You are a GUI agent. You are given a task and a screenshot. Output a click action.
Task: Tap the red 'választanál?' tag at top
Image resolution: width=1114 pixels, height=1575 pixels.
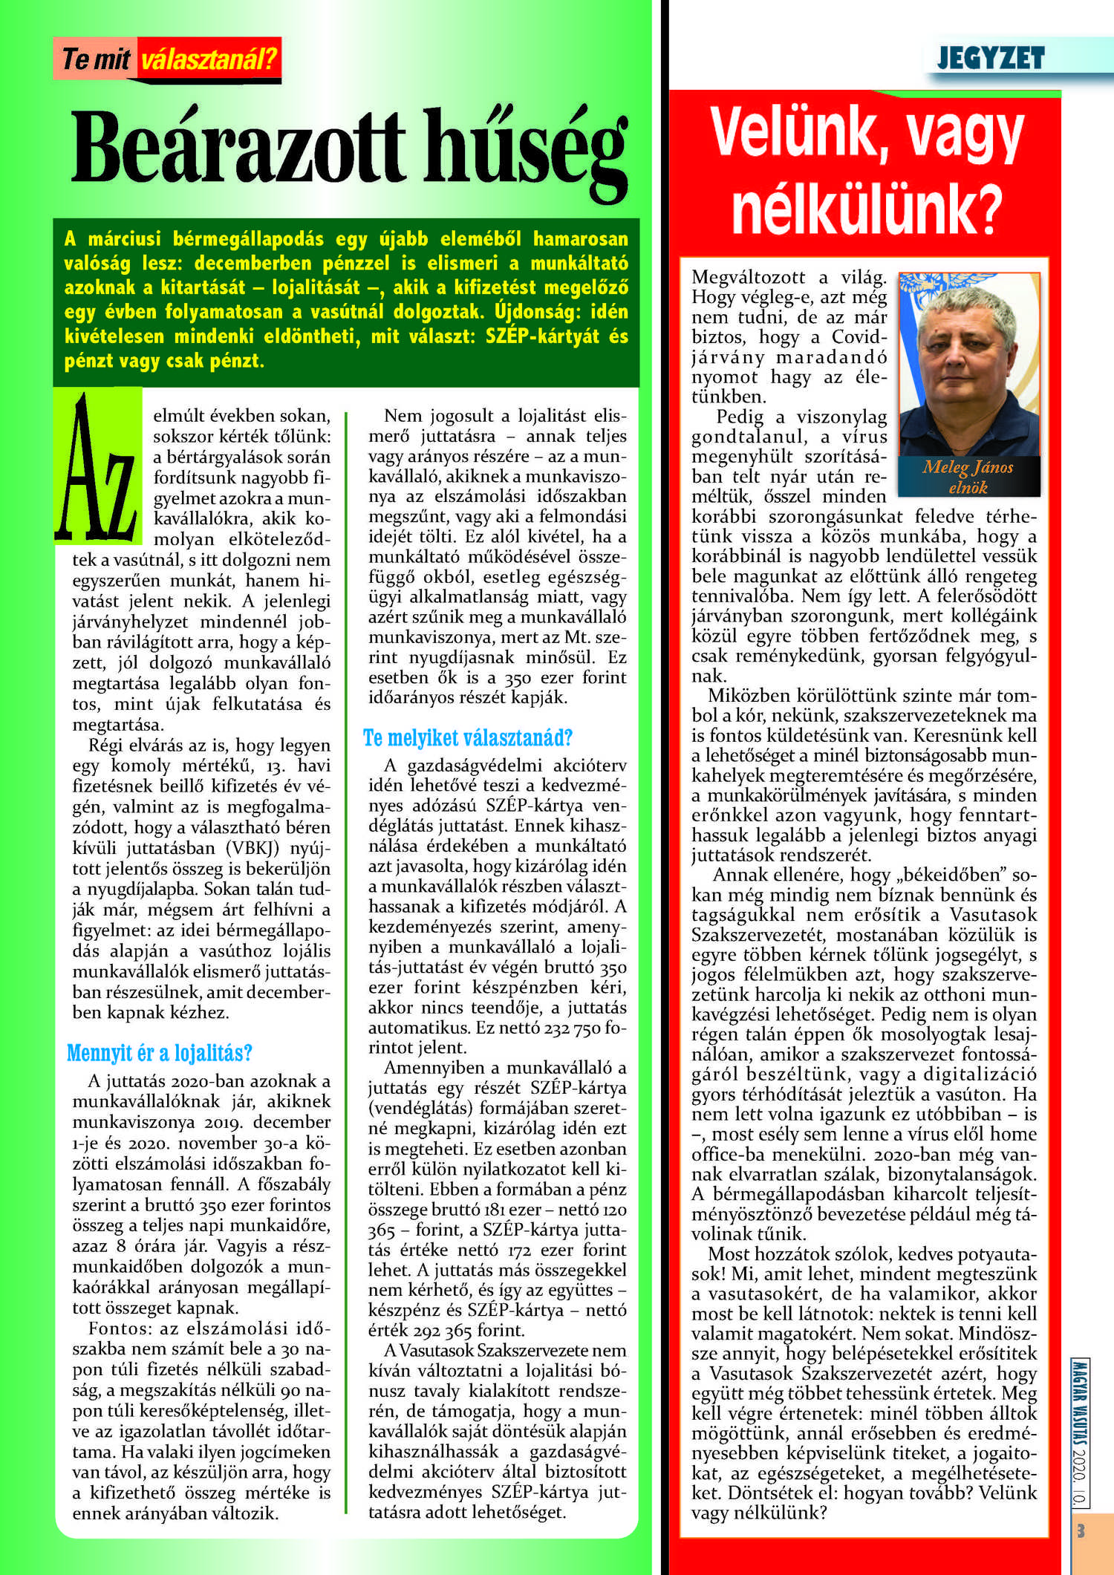point(209,59)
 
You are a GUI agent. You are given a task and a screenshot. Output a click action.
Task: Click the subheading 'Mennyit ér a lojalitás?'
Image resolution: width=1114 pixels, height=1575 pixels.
point(160,1053)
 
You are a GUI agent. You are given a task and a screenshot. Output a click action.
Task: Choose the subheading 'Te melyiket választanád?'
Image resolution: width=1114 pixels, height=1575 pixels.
point(468,738)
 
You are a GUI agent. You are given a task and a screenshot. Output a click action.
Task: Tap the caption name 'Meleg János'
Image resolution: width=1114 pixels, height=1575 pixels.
point(968,467)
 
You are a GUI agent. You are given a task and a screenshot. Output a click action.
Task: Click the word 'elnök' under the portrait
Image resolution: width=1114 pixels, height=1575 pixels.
point(968,488)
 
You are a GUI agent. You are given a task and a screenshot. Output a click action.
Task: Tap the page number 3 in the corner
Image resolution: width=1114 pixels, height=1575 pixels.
point(1081,1531)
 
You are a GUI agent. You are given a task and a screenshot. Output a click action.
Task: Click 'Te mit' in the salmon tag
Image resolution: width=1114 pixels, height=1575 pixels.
point(96,59)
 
